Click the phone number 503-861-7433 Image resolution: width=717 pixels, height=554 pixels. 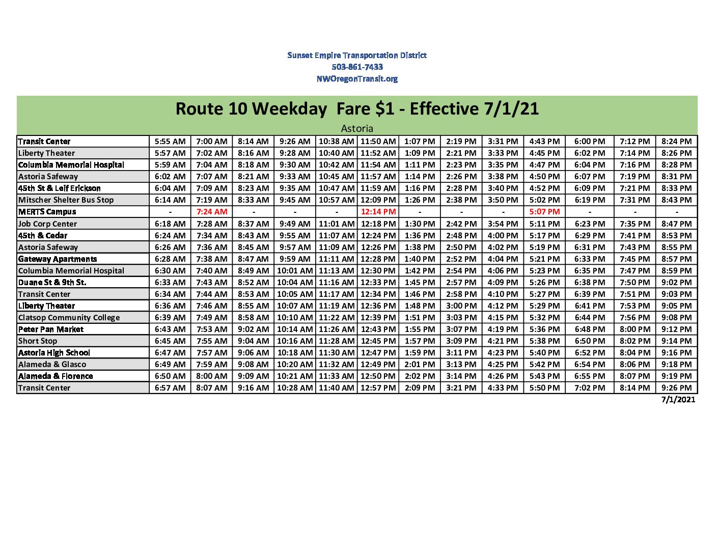pyautogui.click(x=357, y=67)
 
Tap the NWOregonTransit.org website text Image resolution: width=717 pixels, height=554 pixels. pyautogui.click(x=357, y=78)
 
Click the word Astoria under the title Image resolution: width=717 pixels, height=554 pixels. pyautogui.click(x=357, y=128)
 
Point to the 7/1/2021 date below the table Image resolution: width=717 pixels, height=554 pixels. pyautogui.click(x=678, y=399)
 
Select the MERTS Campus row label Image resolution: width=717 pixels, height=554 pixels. pyautogui.click(x=47, y=212)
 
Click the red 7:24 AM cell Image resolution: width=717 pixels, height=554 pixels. pyautogui.click(x=212, y=212)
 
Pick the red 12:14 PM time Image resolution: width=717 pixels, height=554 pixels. pyautogui.click(x=378, y=212)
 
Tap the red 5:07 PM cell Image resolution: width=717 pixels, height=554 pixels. pyautogui.click(x=544, y=212)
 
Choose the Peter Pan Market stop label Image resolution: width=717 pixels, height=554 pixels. pyautogui.click(x=51, y=329)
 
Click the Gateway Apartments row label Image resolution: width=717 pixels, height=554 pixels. pyautogui.click(x=58, y=259)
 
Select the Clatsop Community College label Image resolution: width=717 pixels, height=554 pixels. pyautogui.click(x=69, y=318)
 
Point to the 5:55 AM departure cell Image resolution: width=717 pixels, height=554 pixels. pyautogui.click(x=170, y=142)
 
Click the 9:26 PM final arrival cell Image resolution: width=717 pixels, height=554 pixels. pyautogui.click(x=676, y=388)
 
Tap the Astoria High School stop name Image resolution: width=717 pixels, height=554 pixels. pyautogui.click(x=54, y=353)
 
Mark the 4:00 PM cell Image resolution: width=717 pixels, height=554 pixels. pyautogui.click(x=503, y=235)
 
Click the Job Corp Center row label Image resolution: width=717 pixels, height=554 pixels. pyautogui.click(x=47, y=224)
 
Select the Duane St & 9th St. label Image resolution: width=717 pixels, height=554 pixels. pyautogui.click(x=52, y=282)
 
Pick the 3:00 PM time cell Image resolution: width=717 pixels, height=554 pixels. pyautogui.click(x=461, y=306)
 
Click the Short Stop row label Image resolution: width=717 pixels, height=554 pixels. pyautogui.click(x=38, y=341)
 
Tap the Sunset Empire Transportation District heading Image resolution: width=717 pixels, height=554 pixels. pyautogui.click(x=357, y=55)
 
